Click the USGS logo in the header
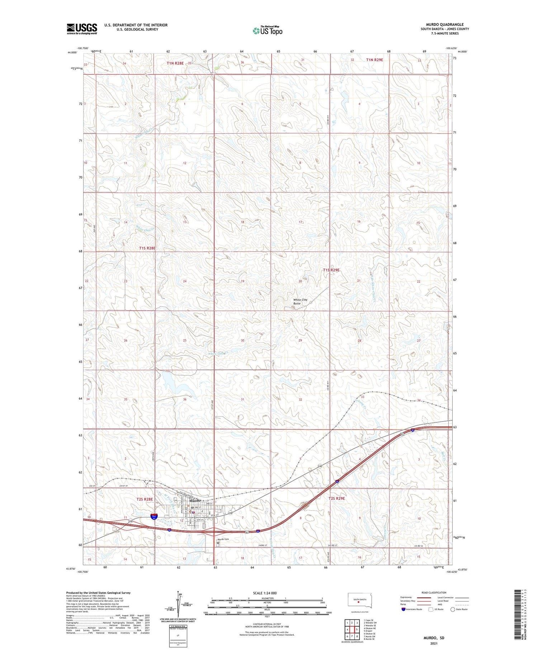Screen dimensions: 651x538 pos(82,29)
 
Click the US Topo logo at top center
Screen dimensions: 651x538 pos(268,31)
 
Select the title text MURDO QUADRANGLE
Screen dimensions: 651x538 pos(444,24)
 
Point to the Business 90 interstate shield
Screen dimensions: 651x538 pos(154,516)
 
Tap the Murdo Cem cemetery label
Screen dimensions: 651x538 pos(222,539)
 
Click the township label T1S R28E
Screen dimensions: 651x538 pos(147,248)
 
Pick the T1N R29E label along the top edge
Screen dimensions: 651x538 pos(374,60)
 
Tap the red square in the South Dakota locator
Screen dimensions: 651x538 pos(358,603)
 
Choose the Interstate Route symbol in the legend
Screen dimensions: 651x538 pos(403,609)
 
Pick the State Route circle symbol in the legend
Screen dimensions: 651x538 pos(453,609)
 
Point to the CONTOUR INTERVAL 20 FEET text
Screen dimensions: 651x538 pos(267,624)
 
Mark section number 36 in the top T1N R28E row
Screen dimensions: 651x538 pos(242,62)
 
